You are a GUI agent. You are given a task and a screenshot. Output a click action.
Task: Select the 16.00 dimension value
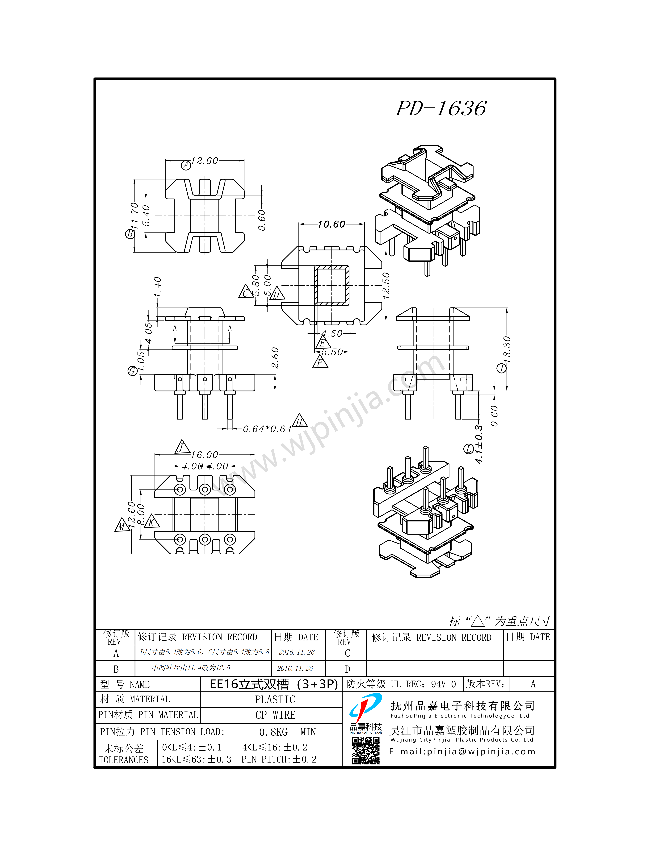pyautogui.click(x=205, y=455)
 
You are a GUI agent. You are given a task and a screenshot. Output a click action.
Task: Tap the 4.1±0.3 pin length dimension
pyautogui.click(x=479, y=444)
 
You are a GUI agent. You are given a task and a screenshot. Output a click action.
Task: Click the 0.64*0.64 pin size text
pyautogui.click(x=267, y=429)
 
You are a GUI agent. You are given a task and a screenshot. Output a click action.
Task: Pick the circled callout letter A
pyautogui.click(x=186, y=165)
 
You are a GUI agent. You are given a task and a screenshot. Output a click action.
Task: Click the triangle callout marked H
pyautogui.click(x=299, y=421)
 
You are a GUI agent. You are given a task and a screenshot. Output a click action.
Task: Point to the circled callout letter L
pyautogui.click(x=469, y=449)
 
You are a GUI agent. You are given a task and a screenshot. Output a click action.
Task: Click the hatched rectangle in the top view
pyautogui.click(x=332, y=286)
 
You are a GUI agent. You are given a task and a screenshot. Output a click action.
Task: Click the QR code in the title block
pyautogui.click(x=365, y=750)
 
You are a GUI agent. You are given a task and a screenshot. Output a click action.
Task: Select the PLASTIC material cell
pyautogui.click(x=275, y=700)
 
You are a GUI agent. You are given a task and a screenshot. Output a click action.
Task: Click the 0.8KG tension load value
pyautogui.click(x=273, y=732)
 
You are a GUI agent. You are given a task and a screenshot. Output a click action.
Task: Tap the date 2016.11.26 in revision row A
pyautogui.click(x=297, y=652)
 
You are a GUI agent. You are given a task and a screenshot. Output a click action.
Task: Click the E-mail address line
pyautogui.click(x=462, y=751)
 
